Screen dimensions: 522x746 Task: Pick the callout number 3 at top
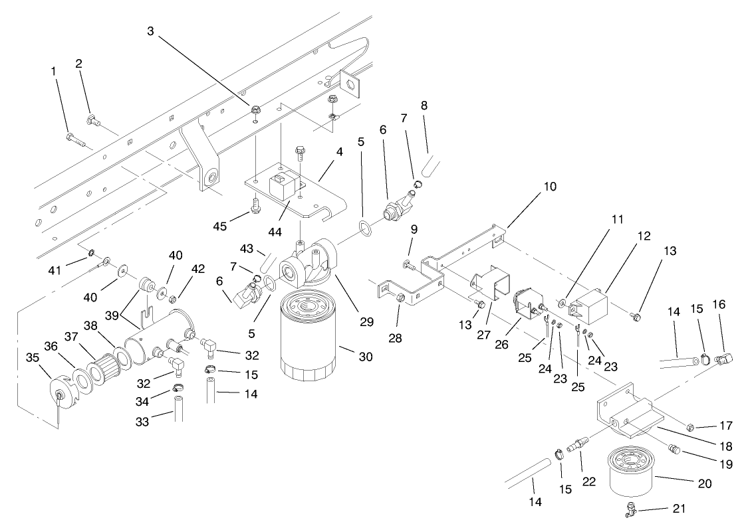coord(151,32)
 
